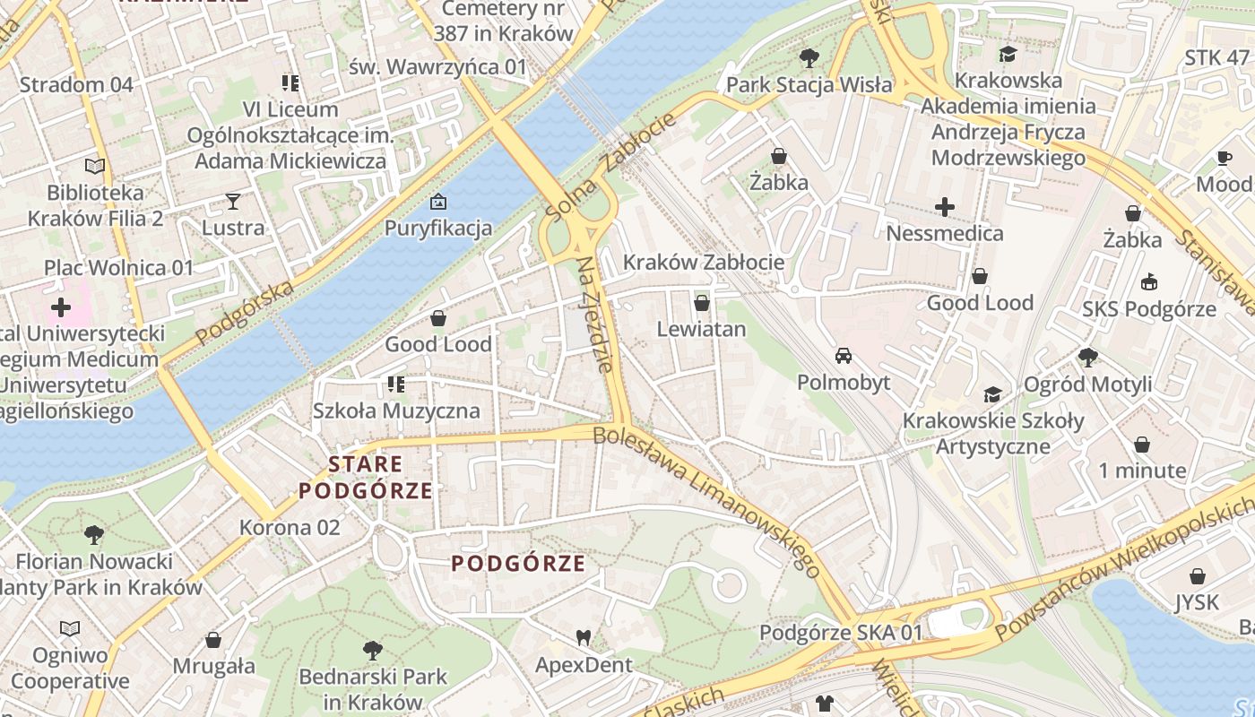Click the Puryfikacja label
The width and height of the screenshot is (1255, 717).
click(x=438, y=228)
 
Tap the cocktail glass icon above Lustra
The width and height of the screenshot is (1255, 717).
click(x=233, y=201)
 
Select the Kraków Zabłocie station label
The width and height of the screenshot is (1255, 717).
click(x=704, y=263)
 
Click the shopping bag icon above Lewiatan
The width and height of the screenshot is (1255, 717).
click(x=702, y=302)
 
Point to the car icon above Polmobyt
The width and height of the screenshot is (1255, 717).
click(x=844, y=356)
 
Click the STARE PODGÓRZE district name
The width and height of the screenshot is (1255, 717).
click(x=366, y=478)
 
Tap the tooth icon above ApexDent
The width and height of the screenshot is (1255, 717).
click(x=584, y=638)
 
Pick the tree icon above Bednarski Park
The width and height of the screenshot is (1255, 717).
click(x=373, y=650)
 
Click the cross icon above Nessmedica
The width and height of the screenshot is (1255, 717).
click(x=945, y=208)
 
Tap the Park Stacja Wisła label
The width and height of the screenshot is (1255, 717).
click(x=809, y=85)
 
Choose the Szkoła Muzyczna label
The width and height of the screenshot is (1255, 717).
click(x=396, y=411)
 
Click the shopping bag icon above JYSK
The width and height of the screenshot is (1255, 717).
click(x=1198, y=576)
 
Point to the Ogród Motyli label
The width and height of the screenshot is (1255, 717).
click(x=1088, y=384)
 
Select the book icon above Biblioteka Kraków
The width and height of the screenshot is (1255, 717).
click(x=95, y=166)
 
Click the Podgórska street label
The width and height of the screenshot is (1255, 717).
click(x=245, y=313)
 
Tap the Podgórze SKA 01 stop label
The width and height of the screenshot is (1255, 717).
click(x=841, y=633)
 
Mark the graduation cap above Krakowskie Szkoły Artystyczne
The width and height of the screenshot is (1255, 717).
click(x=992, y=394)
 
